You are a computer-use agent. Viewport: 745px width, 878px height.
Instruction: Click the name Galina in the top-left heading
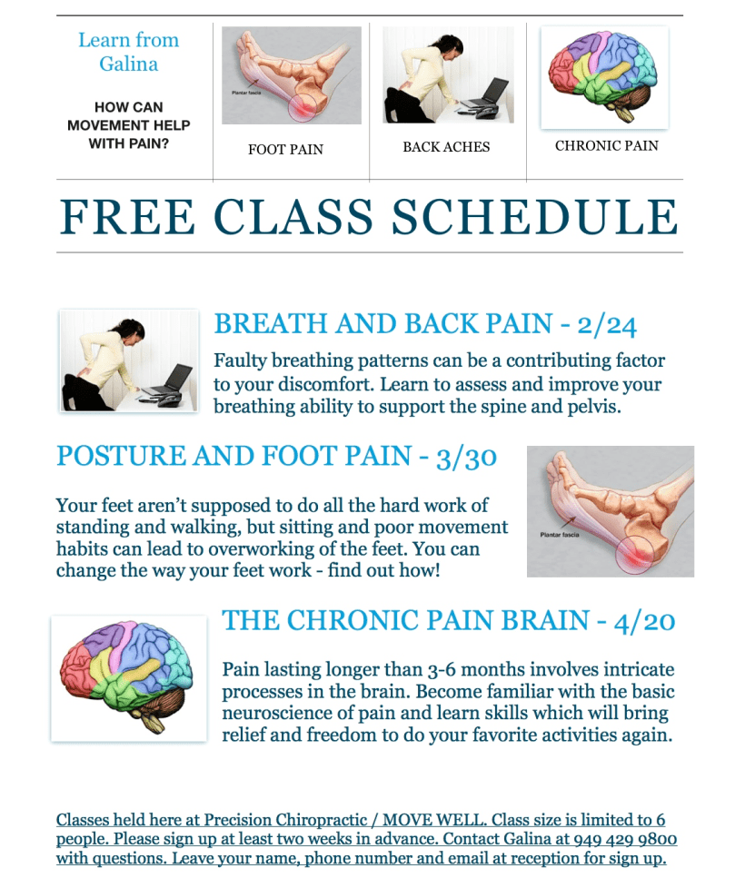click(129, 64)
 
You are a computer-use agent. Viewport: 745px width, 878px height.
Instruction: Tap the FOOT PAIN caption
click(285, 150)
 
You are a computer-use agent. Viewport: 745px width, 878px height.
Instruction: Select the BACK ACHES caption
click(446, 147)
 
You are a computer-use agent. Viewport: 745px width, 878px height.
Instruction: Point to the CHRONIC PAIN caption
click(607, 145)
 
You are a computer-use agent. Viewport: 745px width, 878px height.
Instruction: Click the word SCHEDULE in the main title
click(535, 217)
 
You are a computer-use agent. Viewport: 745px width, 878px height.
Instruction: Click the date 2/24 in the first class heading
click(607, 325)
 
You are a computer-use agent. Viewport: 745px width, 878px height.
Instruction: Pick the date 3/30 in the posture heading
click(466, 458)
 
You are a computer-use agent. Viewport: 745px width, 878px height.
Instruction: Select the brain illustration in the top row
click(604, 76)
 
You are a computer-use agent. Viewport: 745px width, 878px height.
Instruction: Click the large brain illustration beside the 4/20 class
click(129, 678)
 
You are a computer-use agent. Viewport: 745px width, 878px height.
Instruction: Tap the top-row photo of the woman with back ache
click(448, 74)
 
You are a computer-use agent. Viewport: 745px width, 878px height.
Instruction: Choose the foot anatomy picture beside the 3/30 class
click(611, 511)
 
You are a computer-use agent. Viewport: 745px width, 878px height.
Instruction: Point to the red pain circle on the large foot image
click(635, 556)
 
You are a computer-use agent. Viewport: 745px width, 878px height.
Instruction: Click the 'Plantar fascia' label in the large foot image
click(560, 535)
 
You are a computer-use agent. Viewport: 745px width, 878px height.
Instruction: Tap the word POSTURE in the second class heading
click(121, 456)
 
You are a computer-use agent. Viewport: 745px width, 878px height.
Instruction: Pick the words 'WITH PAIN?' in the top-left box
click(129, 143)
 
